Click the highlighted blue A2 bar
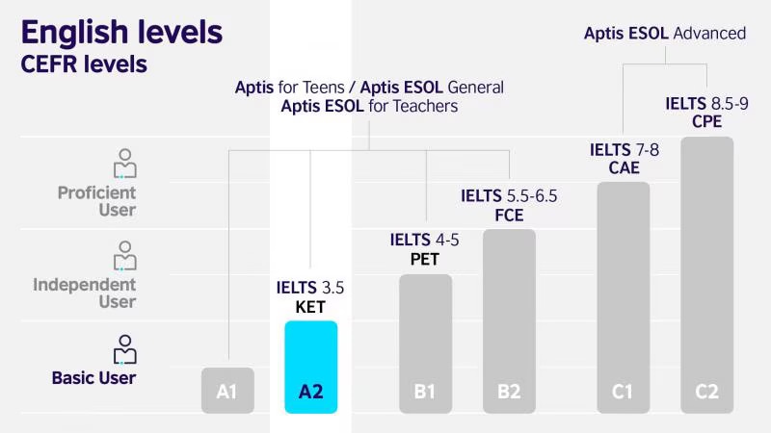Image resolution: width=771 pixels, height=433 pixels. pos(310,367)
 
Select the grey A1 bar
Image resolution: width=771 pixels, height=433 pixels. pos(227,390)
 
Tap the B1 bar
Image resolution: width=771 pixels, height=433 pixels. pos(425,344)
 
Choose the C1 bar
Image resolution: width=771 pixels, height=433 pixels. pos(623,297)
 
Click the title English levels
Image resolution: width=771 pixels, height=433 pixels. pos(121,32)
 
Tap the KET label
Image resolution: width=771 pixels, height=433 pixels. pos(310,308)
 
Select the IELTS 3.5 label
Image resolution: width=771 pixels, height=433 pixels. pos(310,288)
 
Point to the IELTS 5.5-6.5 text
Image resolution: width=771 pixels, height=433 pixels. pos(509,195)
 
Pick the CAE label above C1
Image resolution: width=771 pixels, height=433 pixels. pos(624,168)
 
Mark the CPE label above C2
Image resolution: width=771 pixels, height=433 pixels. pos(706,121)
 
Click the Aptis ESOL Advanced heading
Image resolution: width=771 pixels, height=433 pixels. pos(665,34)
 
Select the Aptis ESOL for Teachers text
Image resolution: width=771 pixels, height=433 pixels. pos(369,106)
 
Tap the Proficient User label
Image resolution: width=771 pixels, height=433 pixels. pos(96,201)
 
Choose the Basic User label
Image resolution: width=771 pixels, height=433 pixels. pos(93,378)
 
